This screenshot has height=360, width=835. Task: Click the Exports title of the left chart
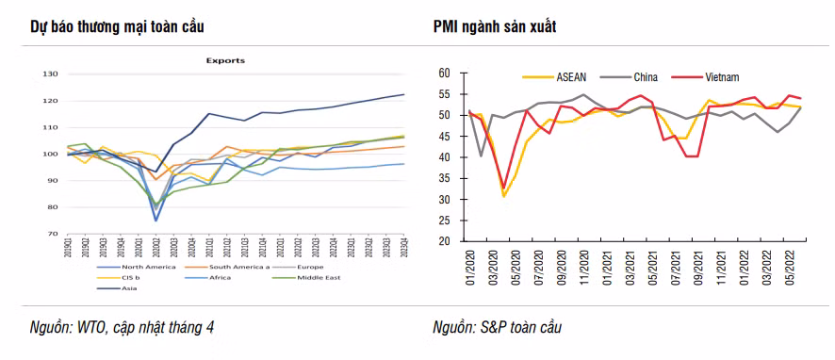[225, 60]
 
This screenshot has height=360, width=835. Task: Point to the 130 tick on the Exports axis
[49, 74]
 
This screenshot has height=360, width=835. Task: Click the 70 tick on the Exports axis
[51, 234]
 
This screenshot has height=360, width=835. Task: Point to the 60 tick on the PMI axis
[446, 73]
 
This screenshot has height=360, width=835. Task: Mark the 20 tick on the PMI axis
[446, 240]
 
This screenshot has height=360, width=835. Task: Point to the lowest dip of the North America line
[155, 221]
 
